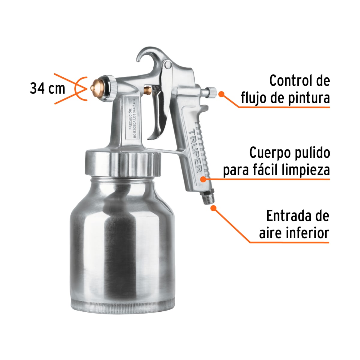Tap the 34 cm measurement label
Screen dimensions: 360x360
coord(47,88)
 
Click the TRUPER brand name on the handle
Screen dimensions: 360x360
coord(195,151)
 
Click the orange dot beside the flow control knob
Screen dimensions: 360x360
coord(221,94)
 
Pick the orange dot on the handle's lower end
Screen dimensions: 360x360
coord(203,179)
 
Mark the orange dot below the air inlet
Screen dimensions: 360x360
coord(214,208)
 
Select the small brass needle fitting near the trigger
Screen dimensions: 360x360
coord(147,89)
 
